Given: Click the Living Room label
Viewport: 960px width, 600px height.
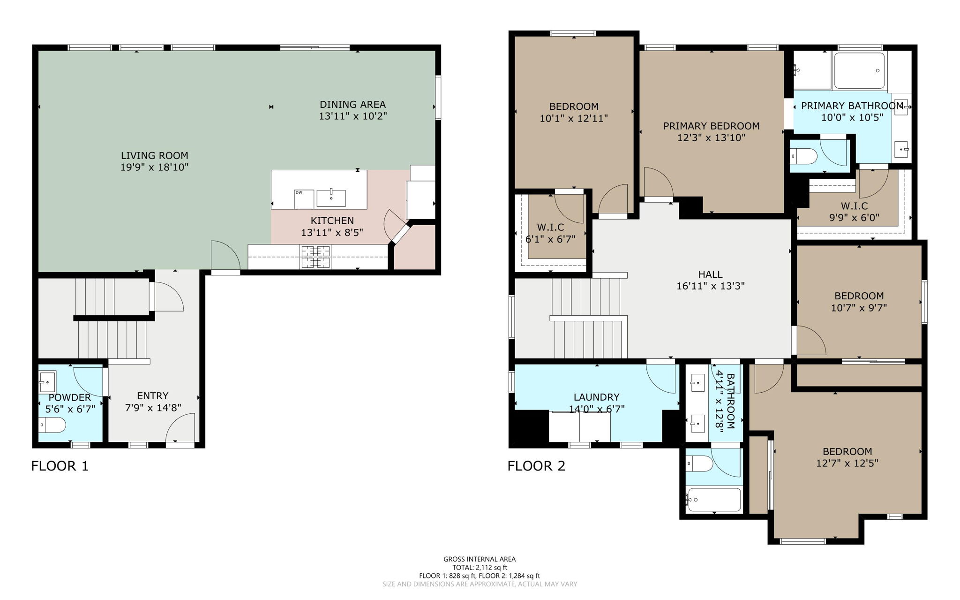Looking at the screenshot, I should (x=154, y=155).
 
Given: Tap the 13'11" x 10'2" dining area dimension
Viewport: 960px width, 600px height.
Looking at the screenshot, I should (x=352, y=116).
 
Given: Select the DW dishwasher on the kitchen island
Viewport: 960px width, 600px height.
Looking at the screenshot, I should (x=304, y=199).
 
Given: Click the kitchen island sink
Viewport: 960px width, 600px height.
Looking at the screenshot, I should (x=331, y=198).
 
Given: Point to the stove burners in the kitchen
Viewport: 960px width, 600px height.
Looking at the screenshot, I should (x=315, y=257).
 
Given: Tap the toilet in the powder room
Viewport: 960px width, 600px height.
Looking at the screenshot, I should (x=52, y=425).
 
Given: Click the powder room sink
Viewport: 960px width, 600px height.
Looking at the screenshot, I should (x=47, y=381).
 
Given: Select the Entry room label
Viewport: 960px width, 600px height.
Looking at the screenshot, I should (x=153, y=395).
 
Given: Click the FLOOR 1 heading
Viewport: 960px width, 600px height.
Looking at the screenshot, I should (x=60, y=466).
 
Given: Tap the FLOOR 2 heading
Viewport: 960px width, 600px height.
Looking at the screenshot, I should (x=536, y=466).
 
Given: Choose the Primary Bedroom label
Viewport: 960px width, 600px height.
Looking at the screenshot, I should (x=711, y=126).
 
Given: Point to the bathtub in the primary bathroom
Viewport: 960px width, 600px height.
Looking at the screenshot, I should (x=860, y=71).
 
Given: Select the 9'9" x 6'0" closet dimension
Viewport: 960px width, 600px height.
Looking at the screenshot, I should (x=854, y=217).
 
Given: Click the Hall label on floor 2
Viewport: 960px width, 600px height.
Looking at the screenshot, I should (x=710, y=274).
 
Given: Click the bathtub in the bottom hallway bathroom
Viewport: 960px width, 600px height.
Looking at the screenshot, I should (x=713, y=500).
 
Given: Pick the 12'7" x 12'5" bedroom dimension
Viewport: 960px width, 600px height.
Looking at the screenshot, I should (x=847, y=463).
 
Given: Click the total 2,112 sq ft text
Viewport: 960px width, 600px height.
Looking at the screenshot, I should (x=480, y=567).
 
